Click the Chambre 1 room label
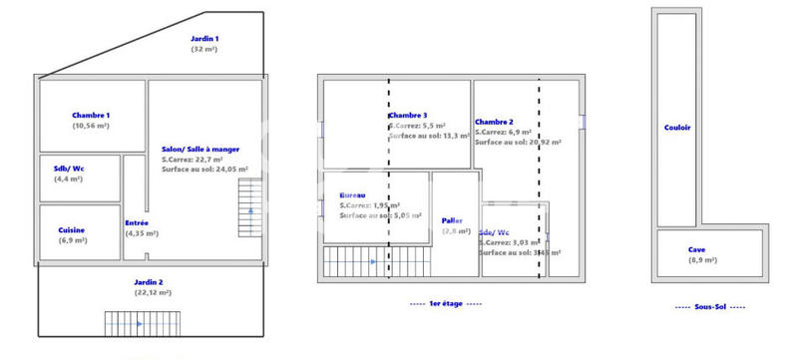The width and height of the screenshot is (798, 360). click(91, 116)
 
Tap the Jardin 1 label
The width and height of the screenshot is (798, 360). click(204, 38)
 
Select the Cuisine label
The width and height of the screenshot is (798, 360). click(72, 229)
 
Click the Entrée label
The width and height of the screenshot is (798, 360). click(137, 222)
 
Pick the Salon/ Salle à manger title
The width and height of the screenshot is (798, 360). click(200, 149)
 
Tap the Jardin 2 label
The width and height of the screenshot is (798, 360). click(153, 282)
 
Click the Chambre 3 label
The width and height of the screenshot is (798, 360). click(408, 116)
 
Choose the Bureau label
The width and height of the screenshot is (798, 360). click(352, 194)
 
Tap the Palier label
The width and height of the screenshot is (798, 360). click(452, 220)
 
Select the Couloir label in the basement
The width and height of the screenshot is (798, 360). click(677, 127)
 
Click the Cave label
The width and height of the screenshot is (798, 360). click(696, 249)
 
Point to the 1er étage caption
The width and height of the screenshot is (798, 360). click(447, 302)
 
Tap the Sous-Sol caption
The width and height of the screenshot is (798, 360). click(710, 307)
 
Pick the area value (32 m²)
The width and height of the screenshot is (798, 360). click(204, 48)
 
